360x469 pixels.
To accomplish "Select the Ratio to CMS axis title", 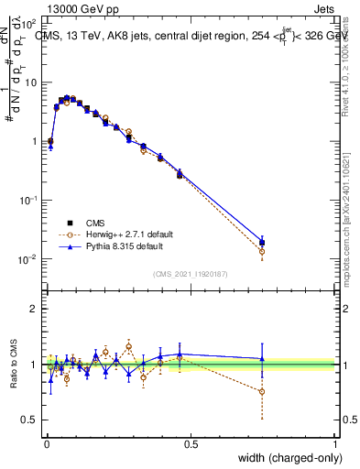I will point(14,365).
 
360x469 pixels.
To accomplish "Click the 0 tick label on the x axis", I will point(46,444).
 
